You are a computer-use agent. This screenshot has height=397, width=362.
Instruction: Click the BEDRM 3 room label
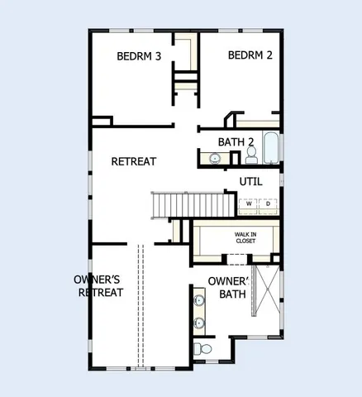pos(138,56)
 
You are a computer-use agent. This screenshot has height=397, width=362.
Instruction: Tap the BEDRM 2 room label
pos(250,55)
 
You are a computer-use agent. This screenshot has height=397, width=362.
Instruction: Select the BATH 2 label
pos(236,142)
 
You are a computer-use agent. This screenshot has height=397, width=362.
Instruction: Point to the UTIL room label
pos(250,181)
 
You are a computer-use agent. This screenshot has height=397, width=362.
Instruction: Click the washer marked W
pos(248,203)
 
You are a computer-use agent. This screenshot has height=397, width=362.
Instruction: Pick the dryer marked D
pos(269,203)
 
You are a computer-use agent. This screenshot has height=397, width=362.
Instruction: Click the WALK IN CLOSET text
pos(244,238)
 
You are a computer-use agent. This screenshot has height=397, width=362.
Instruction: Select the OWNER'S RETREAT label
pos(98,286)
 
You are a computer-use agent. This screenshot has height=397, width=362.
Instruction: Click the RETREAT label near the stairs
pos(134,161)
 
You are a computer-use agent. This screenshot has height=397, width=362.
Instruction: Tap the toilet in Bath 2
pos(250,154)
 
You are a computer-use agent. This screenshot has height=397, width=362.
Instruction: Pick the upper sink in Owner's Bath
pos(199,299)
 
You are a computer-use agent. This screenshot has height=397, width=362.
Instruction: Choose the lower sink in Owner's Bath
pos(199,323)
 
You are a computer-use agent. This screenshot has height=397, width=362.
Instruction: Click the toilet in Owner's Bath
pos(204,351)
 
